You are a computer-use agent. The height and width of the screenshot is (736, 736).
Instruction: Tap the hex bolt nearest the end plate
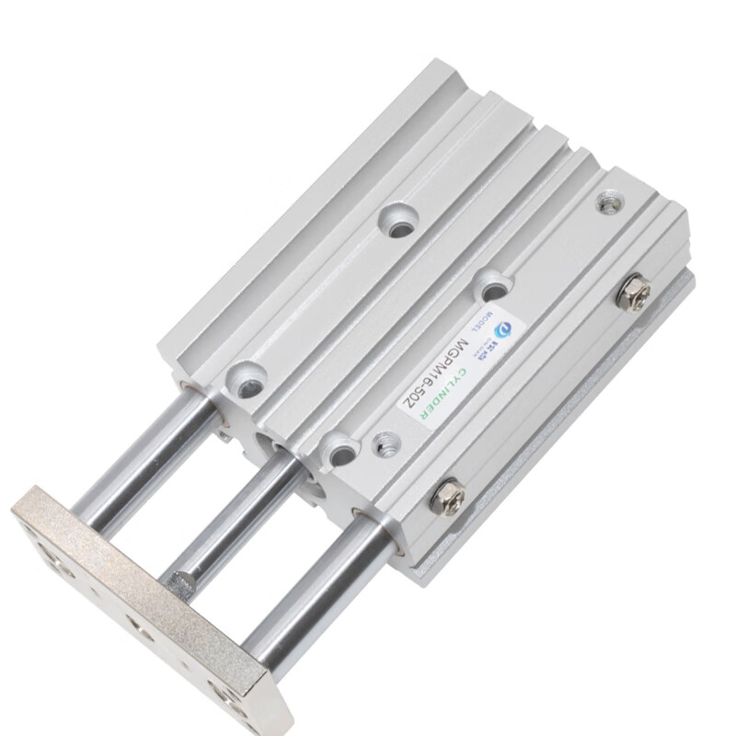448,496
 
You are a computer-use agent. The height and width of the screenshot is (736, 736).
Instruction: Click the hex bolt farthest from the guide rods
634,293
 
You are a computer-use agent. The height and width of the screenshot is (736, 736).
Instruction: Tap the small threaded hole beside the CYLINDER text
385,444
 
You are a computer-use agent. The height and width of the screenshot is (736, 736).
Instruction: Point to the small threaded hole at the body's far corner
608,203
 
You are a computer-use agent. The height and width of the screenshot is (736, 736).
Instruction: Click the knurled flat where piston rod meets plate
183,581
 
